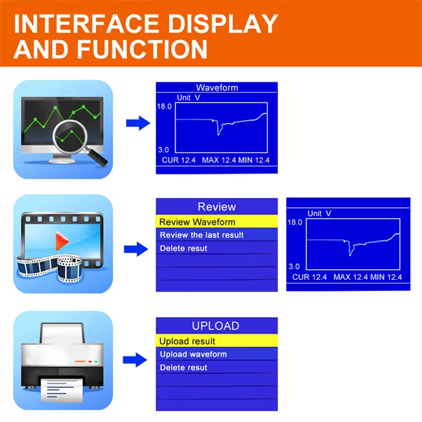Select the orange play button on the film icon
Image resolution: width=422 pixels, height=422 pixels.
coord(61,242)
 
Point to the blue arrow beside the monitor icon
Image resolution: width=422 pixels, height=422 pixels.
coord(138,123)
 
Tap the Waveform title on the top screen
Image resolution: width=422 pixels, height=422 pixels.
coord(217,88)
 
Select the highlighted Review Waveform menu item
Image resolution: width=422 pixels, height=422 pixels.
coord(197,222)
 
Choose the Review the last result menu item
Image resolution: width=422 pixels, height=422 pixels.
coord(202,235)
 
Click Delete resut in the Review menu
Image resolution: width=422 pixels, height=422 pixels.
coord(184,248)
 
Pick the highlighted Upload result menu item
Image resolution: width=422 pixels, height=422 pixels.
coord(187,341)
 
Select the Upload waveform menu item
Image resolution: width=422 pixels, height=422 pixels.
coord(193,354)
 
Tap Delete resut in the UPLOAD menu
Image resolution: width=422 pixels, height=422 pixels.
coord(184,367)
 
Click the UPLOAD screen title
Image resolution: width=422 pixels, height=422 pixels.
coord(215,326)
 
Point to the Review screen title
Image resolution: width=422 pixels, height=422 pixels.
coord(217,207)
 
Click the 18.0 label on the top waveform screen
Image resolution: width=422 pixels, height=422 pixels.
coord(164,106)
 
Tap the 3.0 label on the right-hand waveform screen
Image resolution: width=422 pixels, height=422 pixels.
coord(294,266)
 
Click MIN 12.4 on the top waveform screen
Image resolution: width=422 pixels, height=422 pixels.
coord(253,160)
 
